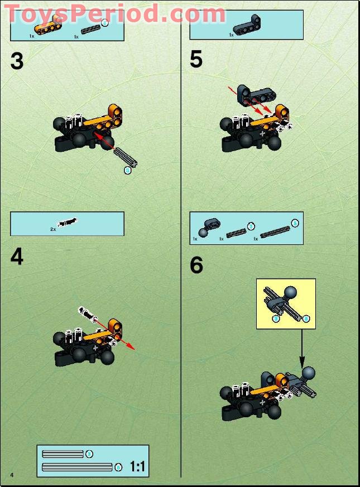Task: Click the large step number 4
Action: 17,257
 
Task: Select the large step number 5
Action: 196,59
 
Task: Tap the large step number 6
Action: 196,266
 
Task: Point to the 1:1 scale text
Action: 137,466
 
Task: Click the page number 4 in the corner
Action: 11,474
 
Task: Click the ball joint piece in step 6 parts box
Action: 204,225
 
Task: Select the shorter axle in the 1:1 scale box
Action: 63,454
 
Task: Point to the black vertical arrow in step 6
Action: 301,346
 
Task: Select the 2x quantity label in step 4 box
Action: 53,229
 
